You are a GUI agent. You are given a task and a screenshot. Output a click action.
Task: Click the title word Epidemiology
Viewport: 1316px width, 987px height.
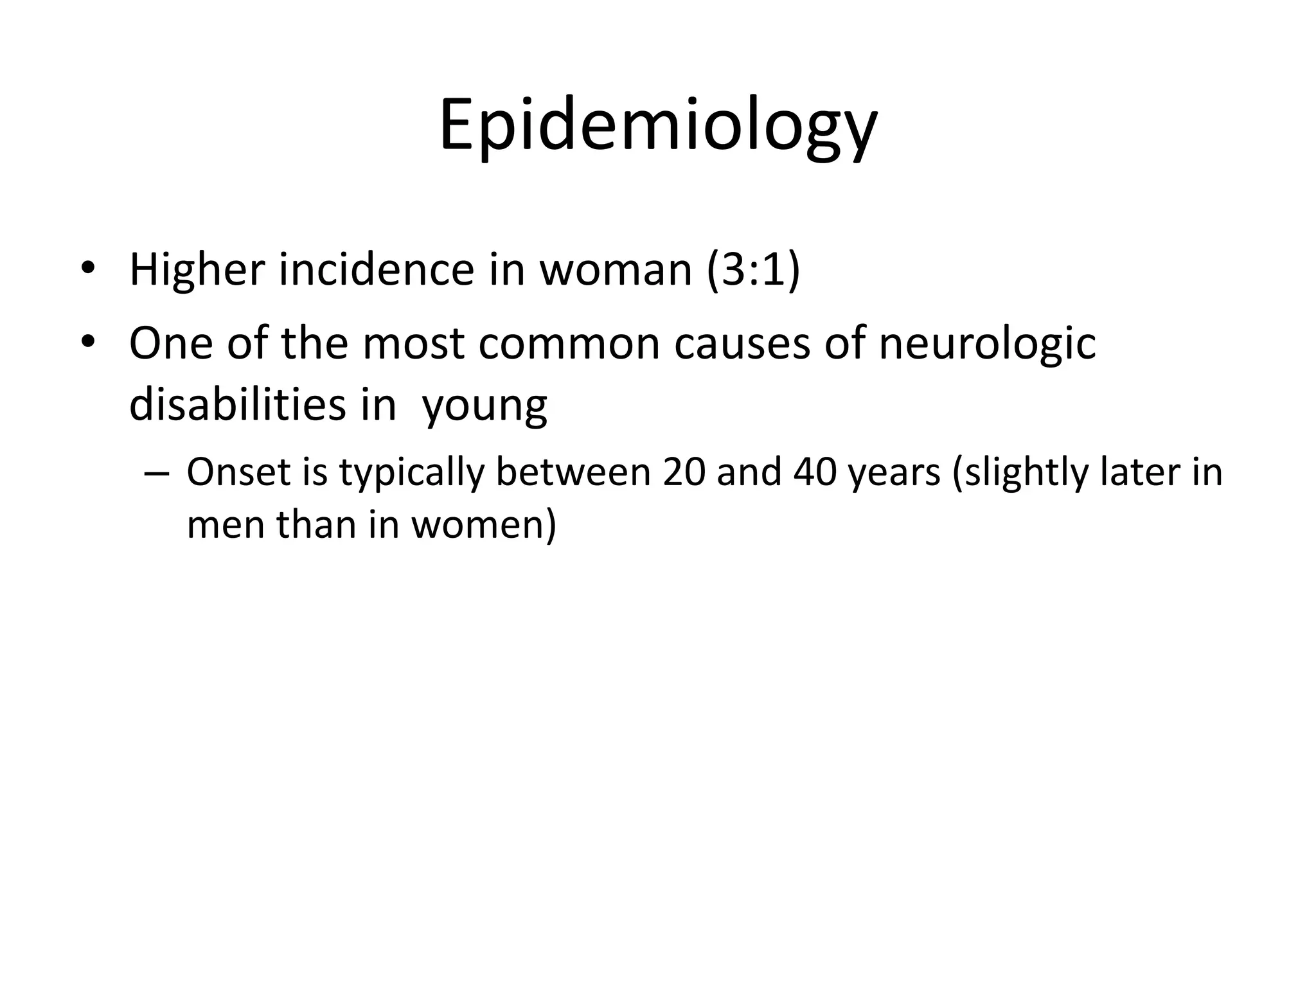[x=657, y=125]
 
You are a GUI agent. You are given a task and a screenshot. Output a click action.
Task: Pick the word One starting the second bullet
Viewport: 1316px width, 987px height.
[x=170, y=343]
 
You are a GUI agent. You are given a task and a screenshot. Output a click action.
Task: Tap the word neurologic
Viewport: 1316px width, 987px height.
[x=987, y=343]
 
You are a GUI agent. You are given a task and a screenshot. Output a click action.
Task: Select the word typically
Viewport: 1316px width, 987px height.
[x=411, y=474]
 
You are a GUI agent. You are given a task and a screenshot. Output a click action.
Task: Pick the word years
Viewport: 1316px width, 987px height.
[x=894, y=474]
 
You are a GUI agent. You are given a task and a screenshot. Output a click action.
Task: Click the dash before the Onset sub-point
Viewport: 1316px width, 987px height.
[x=157, y=474]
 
